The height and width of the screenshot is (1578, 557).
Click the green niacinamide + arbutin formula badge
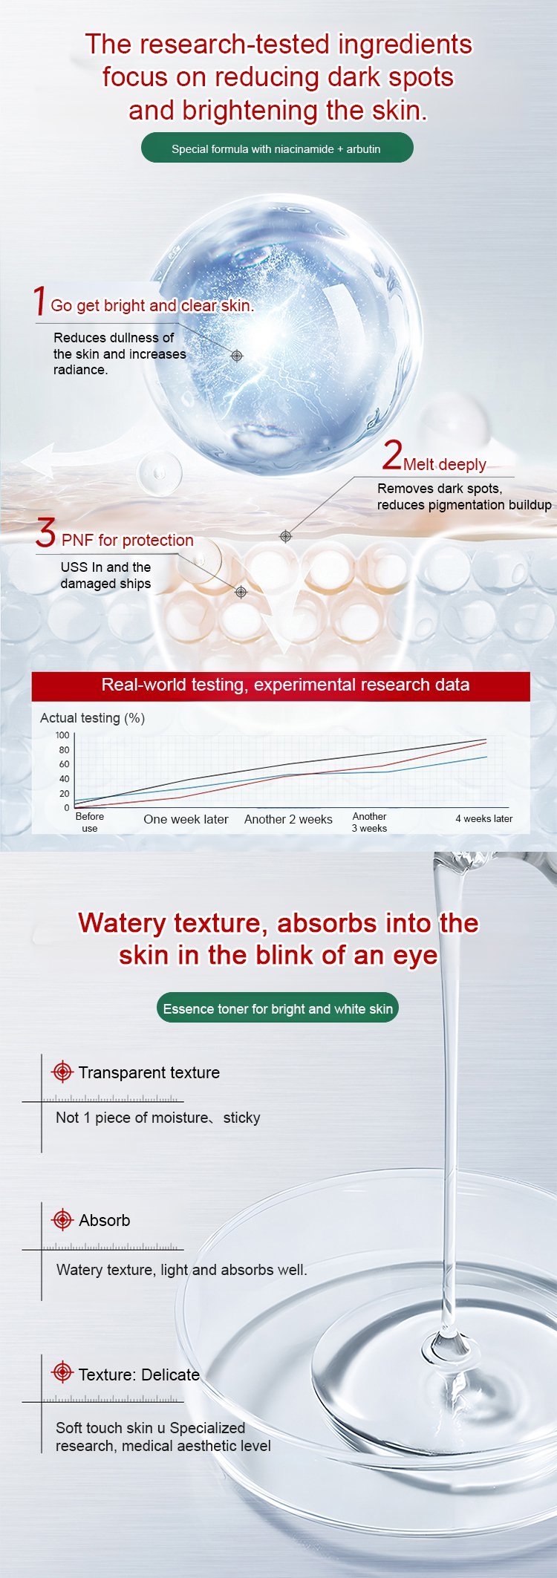(277, 149)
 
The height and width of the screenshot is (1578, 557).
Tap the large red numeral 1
(40, 301)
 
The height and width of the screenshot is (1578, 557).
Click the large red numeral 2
(392, 455)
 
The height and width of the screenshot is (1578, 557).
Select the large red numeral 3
(46, 533)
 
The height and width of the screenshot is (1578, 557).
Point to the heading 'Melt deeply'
(445, 465)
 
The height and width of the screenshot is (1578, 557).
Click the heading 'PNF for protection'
(127, 541)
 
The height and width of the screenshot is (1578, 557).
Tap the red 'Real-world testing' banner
(281, 685)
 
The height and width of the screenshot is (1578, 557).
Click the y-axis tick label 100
(62, 735)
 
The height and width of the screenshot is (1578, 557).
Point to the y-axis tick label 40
(64, 779)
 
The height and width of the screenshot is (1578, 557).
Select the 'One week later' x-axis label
(186, 820)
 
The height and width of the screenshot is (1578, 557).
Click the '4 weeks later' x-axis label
(483, 819)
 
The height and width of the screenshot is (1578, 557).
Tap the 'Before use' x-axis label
(90, 822)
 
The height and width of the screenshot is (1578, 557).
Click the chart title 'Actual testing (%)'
(92, 718)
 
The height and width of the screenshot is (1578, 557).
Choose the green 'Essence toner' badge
(278, 1008)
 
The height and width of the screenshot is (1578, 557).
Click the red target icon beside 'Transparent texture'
(62, 1072)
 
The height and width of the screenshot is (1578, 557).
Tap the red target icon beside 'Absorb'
(62, 1219)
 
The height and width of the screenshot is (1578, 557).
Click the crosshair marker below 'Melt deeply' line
(286, 536)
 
